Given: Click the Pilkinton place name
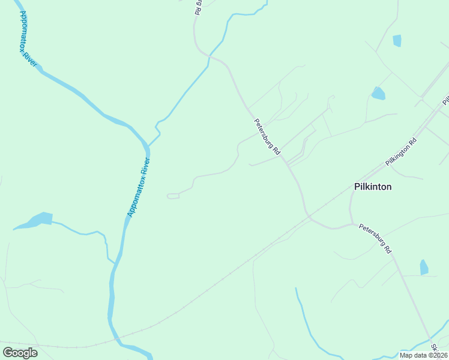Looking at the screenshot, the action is [x=373, y=187].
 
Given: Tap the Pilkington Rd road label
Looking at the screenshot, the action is [x=401, y=153].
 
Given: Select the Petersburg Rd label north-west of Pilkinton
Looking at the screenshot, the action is [x=267, y=137].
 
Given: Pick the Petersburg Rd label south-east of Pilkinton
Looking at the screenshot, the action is [x=375, y=238].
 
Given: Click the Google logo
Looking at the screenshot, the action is [x=20, y=353].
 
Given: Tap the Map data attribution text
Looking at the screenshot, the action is [x=424, y=355].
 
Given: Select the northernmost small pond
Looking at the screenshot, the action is [x=397, y=41].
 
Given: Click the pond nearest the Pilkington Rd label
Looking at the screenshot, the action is [x=378, y=93].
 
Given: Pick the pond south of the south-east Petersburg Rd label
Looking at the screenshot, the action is [x=424, y=267].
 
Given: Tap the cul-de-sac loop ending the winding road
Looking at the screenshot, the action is [x=173, y=196].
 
